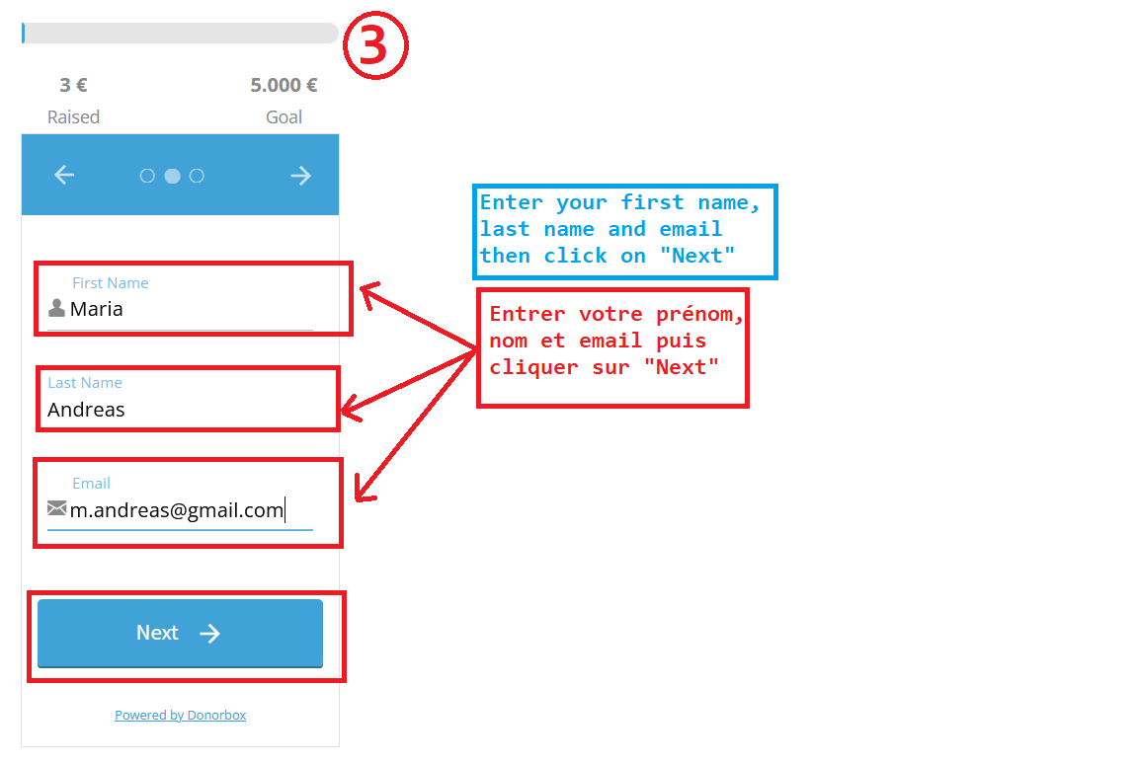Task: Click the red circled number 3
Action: coord(375,45)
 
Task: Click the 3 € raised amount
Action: coord(73,86)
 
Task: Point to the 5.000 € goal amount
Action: coord(284,86)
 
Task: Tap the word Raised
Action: coord(73,116)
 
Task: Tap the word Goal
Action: coord(284,116)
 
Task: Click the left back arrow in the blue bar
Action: coord(64,175)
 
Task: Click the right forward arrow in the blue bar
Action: coord(300,176)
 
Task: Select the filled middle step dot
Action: coord(172,176)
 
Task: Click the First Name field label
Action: coord(111,283)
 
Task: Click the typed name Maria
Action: coord(97,309)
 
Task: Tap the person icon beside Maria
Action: coord(56,308)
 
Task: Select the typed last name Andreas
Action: coord(86,410)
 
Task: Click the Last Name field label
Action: coord(85,383)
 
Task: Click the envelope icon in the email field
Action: coord(56,507)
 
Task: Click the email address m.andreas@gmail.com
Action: coord(177,510)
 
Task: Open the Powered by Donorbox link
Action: coord(180,716)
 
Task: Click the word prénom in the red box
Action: coord(700,315)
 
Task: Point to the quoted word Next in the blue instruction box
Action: coord(697,256)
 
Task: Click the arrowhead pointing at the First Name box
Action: coord(367,291)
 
